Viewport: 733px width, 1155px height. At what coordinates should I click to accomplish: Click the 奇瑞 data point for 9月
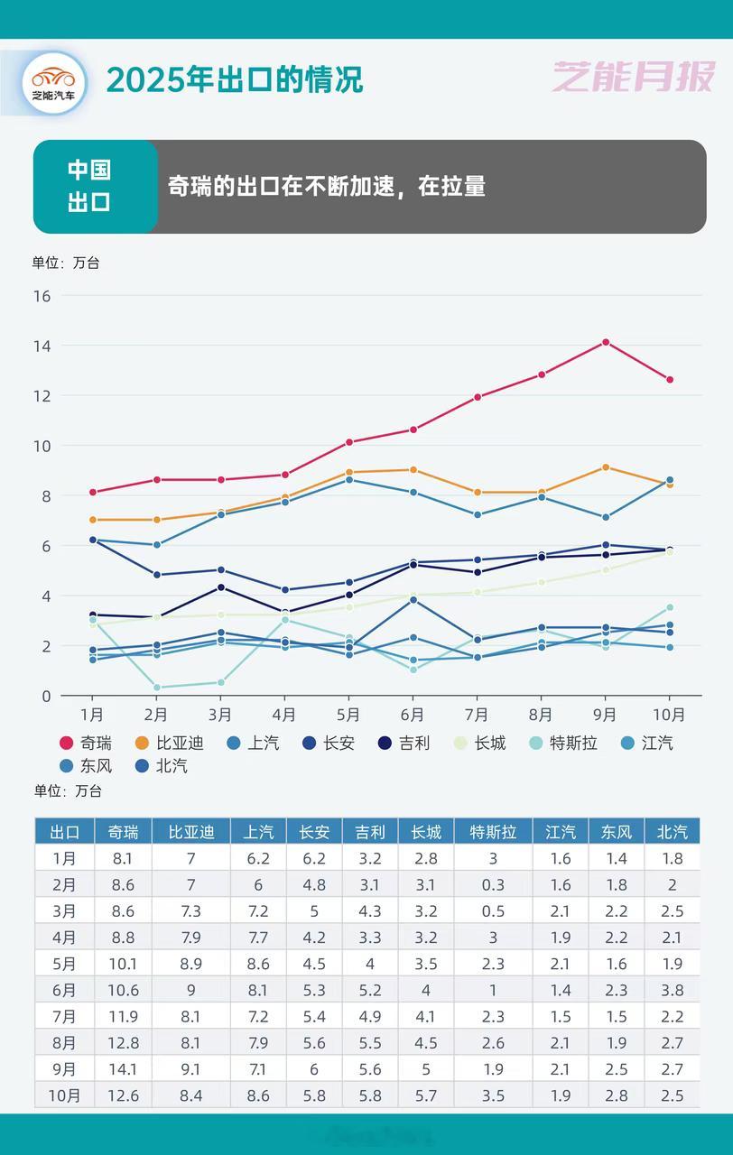coord(606,342)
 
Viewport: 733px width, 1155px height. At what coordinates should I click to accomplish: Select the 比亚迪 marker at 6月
coord(413,469)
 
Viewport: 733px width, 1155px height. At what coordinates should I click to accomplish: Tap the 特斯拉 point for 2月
coord(156,688)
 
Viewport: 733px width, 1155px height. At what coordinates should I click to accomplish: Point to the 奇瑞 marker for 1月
coord(92,492)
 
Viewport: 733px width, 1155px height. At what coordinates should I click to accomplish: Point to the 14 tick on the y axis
coord(42,346)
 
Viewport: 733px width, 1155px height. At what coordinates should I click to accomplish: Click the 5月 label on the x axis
coord(348,715)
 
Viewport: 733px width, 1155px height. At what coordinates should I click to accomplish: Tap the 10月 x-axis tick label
coord(669,715)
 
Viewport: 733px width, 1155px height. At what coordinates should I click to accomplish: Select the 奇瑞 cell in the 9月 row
coord(123,1069)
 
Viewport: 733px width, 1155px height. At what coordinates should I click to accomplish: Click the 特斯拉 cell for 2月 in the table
coord(493,884)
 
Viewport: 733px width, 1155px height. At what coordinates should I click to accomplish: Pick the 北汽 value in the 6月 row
coord(672,990)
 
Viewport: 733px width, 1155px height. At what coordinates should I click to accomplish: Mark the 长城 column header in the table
coord(426,832)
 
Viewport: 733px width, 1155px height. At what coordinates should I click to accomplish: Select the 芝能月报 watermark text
coord(634,78)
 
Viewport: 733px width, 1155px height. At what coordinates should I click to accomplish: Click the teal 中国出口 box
coord(90,186)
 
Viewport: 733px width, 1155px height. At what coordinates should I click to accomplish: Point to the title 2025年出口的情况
coord(235,79)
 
